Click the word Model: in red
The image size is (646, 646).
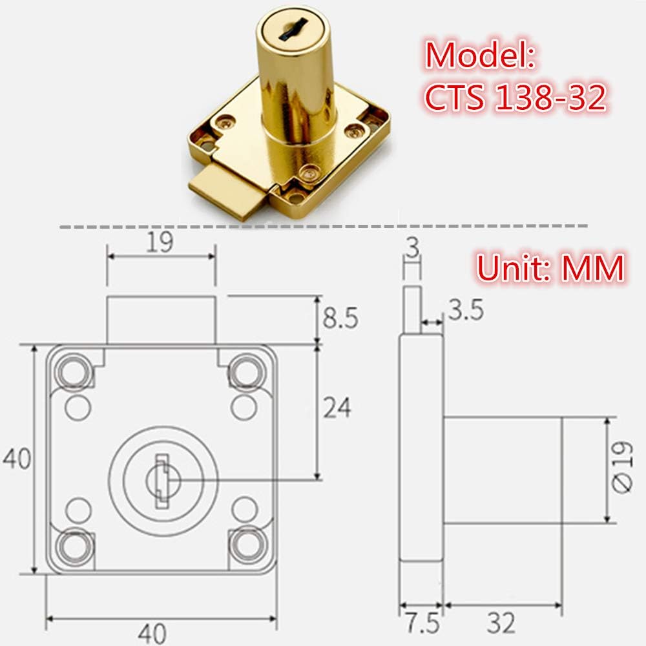[481, 56]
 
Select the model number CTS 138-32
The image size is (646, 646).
[515, 98]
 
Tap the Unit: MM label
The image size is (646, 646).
[550, 267]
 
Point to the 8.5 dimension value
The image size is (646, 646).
[340, 318]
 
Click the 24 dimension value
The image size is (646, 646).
[336, 408]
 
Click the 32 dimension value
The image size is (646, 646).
[501, 623]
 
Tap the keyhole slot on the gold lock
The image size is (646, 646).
[286, 27]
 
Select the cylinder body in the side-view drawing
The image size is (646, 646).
[502, 470]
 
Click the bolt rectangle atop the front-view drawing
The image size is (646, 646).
[160, 320]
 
